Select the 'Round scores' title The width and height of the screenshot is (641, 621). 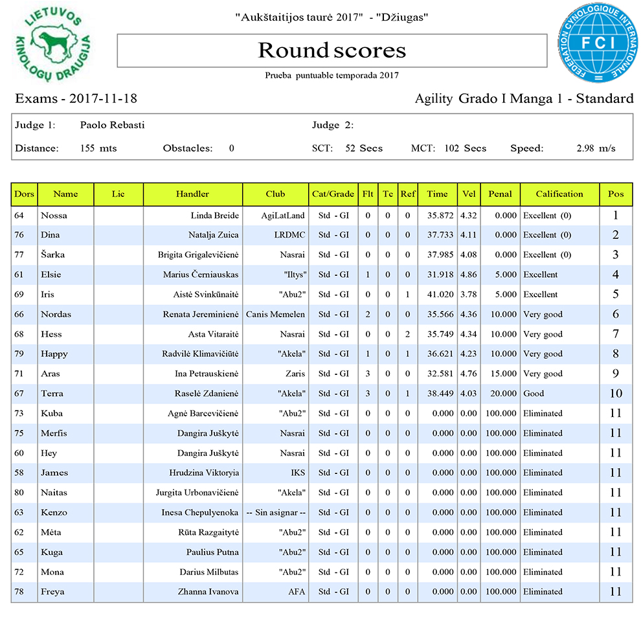tap(332, 50)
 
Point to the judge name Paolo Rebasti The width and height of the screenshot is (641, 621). tap(112, 125)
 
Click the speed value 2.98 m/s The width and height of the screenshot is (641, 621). tap(596, 148)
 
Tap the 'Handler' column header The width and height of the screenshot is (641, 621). tap(192, 194)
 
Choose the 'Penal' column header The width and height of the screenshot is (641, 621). tap(500, 194)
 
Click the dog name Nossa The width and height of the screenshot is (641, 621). tap(54, 215)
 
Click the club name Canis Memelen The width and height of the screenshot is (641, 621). tap(275, 315)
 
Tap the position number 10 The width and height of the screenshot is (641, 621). tap(616, 394)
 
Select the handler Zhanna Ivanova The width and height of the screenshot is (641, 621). tap(208, 592)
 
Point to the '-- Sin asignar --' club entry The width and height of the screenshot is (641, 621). tap(276, 512)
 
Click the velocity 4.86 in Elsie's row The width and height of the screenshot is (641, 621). tap(468, 275)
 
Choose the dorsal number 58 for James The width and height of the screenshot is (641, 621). tap(19, 473)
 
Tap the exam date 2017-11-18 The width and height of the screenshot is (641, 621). tap(102, 99)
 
